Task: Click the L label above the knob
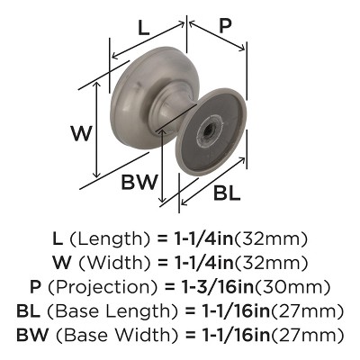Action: (144, 27)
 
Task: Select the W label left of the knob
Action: (82, 134)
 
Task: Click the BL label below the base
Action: (226, 192)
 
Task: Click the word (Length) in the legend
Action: (109, 238)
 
